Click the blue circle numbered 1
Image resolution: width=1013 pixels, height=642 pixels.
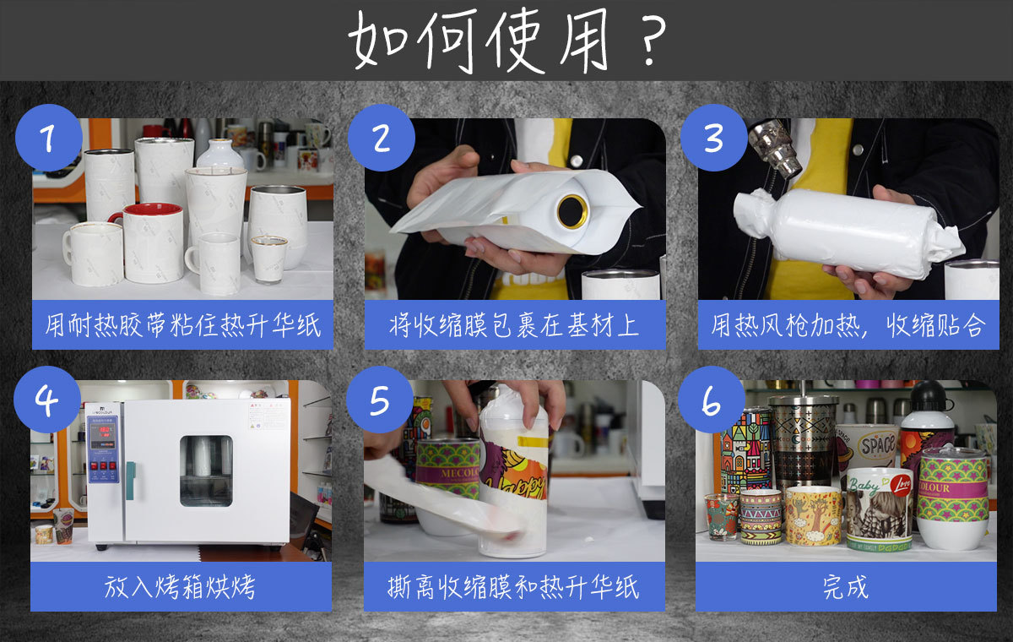click(49, 138)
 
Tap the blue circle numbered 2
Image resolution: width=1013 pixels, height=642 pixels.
click(382, 138)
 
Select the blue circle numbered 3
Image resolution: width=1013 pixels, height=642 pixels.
click(713, 138)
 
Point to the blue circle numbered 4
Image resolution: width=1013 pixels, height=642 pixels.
click(47, 400)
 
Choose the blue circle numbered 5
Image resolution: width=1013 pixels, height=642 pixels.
click(379, 400)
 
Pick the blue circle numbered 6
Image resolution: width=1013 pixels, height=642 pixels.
click(712, 400)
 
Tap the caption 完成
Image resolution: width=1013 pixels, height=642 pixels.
click(846, 587)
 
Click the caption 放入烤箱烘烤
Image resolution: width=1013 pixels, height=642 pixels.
click(180, 587)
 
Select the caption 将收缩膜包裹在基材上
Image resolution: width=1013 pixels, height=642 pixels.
click(515, 325)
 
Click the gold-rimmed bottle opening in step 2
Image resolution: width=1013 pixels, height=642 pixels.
click(572, 211)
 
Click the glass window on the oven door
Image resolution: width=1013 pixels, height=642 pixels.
click(206, 471)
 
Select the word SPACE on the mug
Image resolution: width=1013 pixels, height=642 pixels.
click(878, 444)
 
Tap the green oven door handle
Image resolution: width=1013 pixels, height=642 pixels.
click(130, 481)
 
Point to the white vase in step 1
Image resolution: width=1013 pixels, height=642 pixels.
click(220, 154)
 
